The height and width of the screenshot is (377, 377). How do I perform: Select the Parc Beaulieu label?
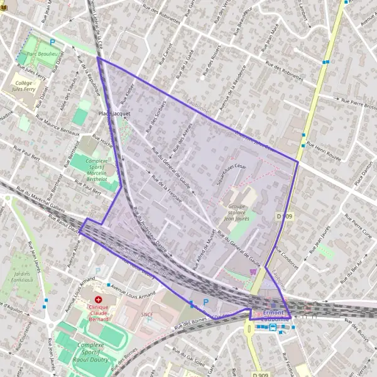click(42, 55)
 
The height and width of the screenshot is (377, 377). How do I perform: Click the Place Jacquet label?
click(114, 114)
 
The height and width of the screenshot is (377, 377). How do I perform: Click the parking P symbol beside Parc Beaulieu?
click(52, 42)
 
